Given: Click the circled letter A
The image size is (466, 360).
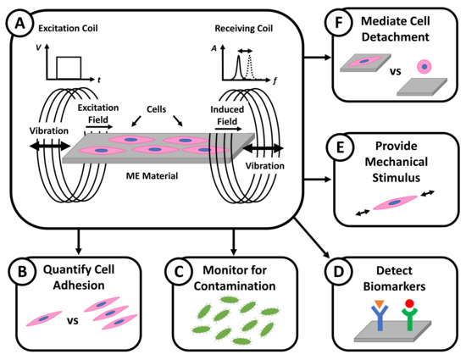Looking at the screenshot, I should pos(18,19).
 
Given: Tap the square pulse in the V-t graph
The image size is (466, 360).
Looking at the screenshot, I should pos(69,66).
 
